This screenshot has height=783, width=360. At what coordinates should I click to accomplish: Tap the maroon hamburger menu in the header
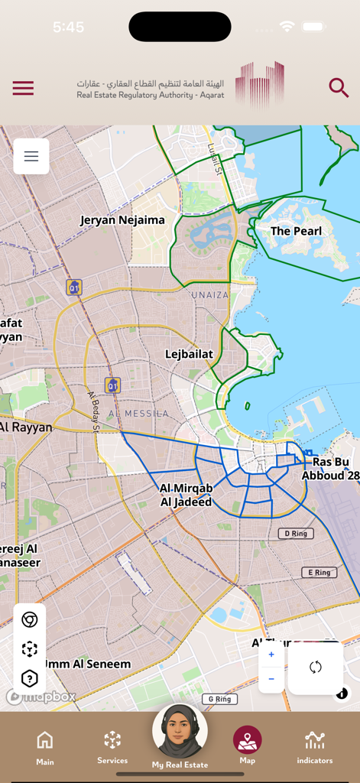tap(23, 88)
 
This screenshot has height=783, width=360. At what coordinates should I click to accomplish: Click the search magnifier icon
tap(339, 87)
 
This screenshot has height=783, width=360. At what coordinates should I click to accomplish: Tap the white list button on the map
tap(31, 156)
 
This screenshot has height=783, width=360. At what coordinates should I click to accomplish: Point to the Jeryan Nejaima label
tap(122, 220)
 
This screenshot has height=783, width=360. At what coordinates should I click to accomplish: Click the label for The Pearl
tap(296, 231)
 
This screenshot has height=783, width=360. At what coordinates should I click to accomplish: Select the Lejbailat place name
tap(189, 354)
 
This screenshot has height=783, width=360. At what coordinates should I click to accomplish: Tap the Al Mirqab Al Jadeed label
tap(186, 495)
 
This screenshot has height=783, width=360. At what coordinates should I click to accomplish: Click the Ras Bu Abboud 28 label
tap(330, 469)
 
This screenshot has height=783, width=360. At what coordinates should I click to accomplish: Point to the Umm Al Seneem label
tap(87, 664)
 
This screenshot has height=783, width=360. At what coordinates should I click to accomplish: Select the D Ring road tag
tap(295, 533)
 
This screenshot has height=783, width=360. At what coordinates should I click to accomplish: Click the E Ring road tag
tap(319, 572)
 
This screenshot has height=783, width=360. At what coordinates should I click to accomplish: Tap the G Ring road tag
tap(219, 699)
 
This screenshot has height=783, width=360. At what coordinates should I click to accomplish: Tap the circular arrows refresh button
tap(315, 668)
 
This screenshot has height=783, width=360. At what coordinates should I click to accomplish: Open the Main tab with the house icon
tap(45, 746)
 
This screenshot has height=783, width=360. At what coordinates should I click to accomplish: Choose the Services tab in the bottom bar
tap(112, 746)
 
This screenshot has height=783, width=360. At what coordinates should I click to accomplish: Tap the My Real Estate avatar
tap(180, 733)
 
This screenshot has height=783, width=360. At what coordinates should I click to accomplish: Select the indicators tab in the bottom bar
tap(315, 746)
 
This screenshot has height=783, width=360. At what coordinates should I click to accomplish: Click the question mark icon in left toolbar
tap(30, 678)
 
